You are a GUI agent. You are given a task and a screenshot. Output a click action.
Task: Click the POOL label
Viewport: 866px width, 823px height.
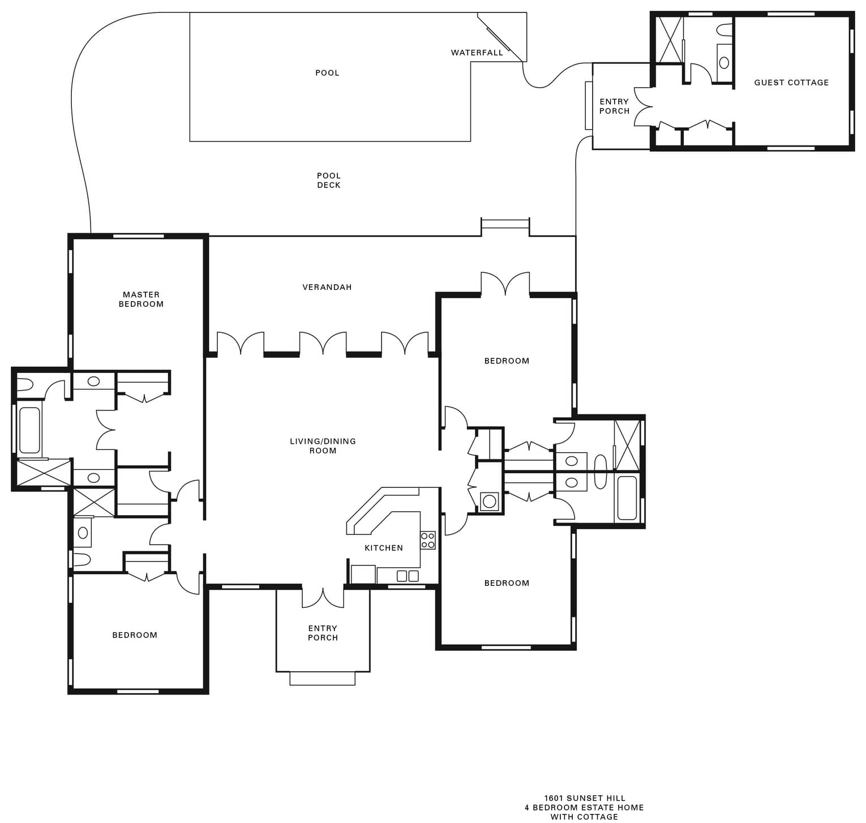coord(327,72)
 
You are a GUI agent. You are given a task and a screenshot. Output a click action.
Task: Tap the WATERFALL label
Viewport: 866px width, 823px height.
coord(477,53)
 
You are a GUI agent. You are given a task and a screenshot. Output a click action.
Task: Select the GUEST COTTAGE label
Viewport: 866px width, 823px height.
coord(791,82)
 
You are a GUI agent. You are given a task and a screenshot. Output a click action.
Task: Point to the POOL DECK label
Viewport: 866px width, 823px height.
coord(329,180)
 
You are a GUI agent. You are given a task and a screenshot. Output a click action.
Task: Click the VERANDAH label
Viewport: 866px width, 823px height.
coord(327,287)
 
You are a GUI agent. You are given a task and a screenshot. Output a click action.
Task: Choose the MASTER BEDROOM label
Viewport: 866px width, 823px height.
coord(141,299)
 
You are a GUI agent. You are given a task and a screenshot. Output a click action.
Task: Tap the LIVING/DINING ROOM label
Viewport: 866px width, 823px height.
coord(323,445)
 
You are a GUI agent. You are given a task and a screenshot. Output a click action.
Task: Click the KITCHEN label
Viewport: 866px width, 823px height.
coord(384,547)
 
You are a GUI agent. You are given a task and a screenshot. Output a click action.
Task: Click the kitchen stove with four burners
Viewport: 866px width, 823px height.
coord(428,540)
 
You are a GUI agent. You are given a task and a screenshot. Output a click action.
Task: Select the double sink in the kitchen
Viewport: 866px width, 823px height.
coord(408,576)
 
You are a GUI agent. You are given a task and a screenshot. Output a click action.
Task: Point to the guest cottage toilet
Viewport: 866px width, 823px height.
coord(724,29)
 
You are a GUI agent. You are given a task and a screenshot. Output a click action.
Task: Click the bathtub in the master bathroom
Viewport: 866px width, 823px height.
coord(29,430)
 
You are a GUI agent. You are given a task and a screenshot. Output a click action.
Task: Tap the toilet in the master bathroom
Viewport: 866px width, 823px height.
coord(24,385)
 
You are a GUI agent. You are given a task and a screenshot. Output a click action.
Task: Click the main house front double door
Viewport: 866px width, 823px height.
coord(323,598)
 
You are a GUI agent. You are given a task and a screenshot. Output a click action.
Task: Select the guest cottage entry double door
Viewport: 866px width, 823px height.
coord(644,106)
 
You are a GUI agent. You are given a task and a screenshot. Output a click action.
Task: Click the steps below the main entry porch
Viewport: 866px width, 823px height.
coord(323,678)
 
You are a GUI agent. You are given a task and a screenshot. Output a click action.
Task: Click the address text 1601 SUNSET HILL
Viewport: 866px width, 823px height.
coord(585,798)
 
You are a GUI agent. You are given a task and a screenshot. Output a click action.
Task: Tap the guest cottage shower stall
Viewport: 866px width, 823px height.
coord(670,40)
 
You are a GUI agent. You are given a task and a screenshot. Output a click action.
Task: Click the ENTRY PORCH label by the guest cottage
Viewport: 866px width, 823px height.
coord(614,106)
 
